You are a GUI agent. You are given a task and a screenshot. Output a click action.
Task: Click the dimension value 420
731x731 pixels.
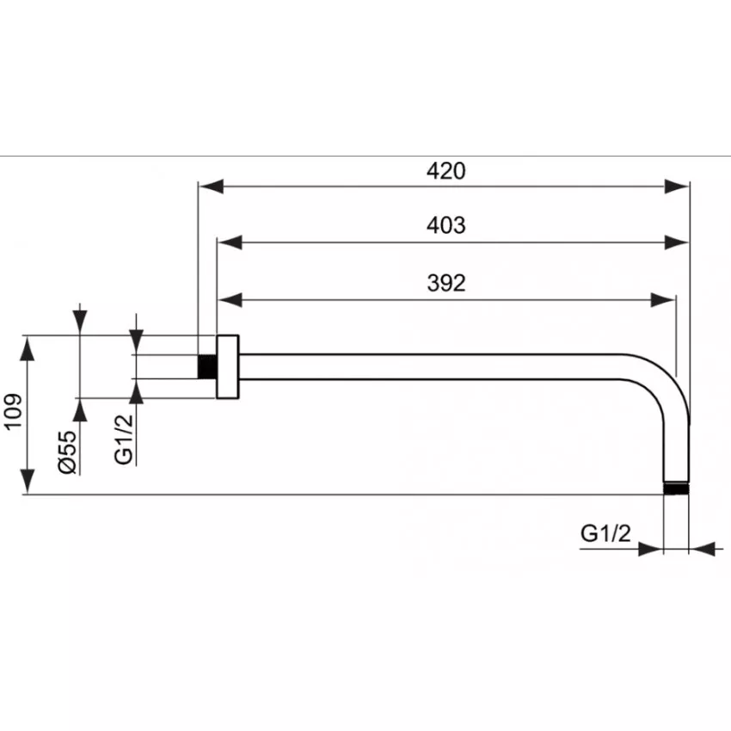[445, 170]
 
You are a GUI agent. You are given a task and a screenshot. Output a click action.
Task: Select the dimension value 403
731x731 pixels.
[445, 226]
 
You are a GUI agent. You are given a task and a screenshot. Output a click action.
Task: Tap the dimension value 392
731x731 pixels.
[445, 283]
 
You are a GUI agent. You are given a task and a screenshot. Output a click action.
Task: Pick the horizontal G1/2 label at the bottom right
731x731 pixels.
[606, 533]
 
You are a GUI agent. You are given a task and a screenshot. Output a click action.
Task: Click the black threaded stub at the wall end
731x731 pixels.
[206, 366]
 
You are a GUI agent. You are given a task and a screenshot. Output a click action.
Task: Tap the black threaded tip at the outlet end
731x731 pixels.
[678, 489]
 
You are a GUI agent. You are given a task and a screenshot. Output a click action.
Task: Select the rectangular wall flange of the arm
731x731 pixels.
[226, 366]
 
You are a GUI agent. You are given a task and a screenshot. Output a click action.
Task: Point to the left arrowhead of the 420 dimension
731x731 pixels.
[211, 186]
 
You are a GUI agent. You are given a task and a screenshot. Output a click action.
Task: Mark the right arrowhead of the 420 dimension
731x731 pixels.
[678, 186]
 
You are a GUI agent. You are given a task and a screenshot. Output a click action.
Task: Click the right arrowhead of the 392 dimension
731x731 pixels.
[664, 299]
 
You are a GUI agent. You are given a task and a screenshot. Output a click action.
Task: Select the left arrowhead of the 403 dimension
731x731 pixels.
[229, 243]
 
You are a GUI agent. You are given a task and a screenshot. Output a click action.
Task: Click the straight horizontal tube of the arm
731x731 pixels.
[430, 366]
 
